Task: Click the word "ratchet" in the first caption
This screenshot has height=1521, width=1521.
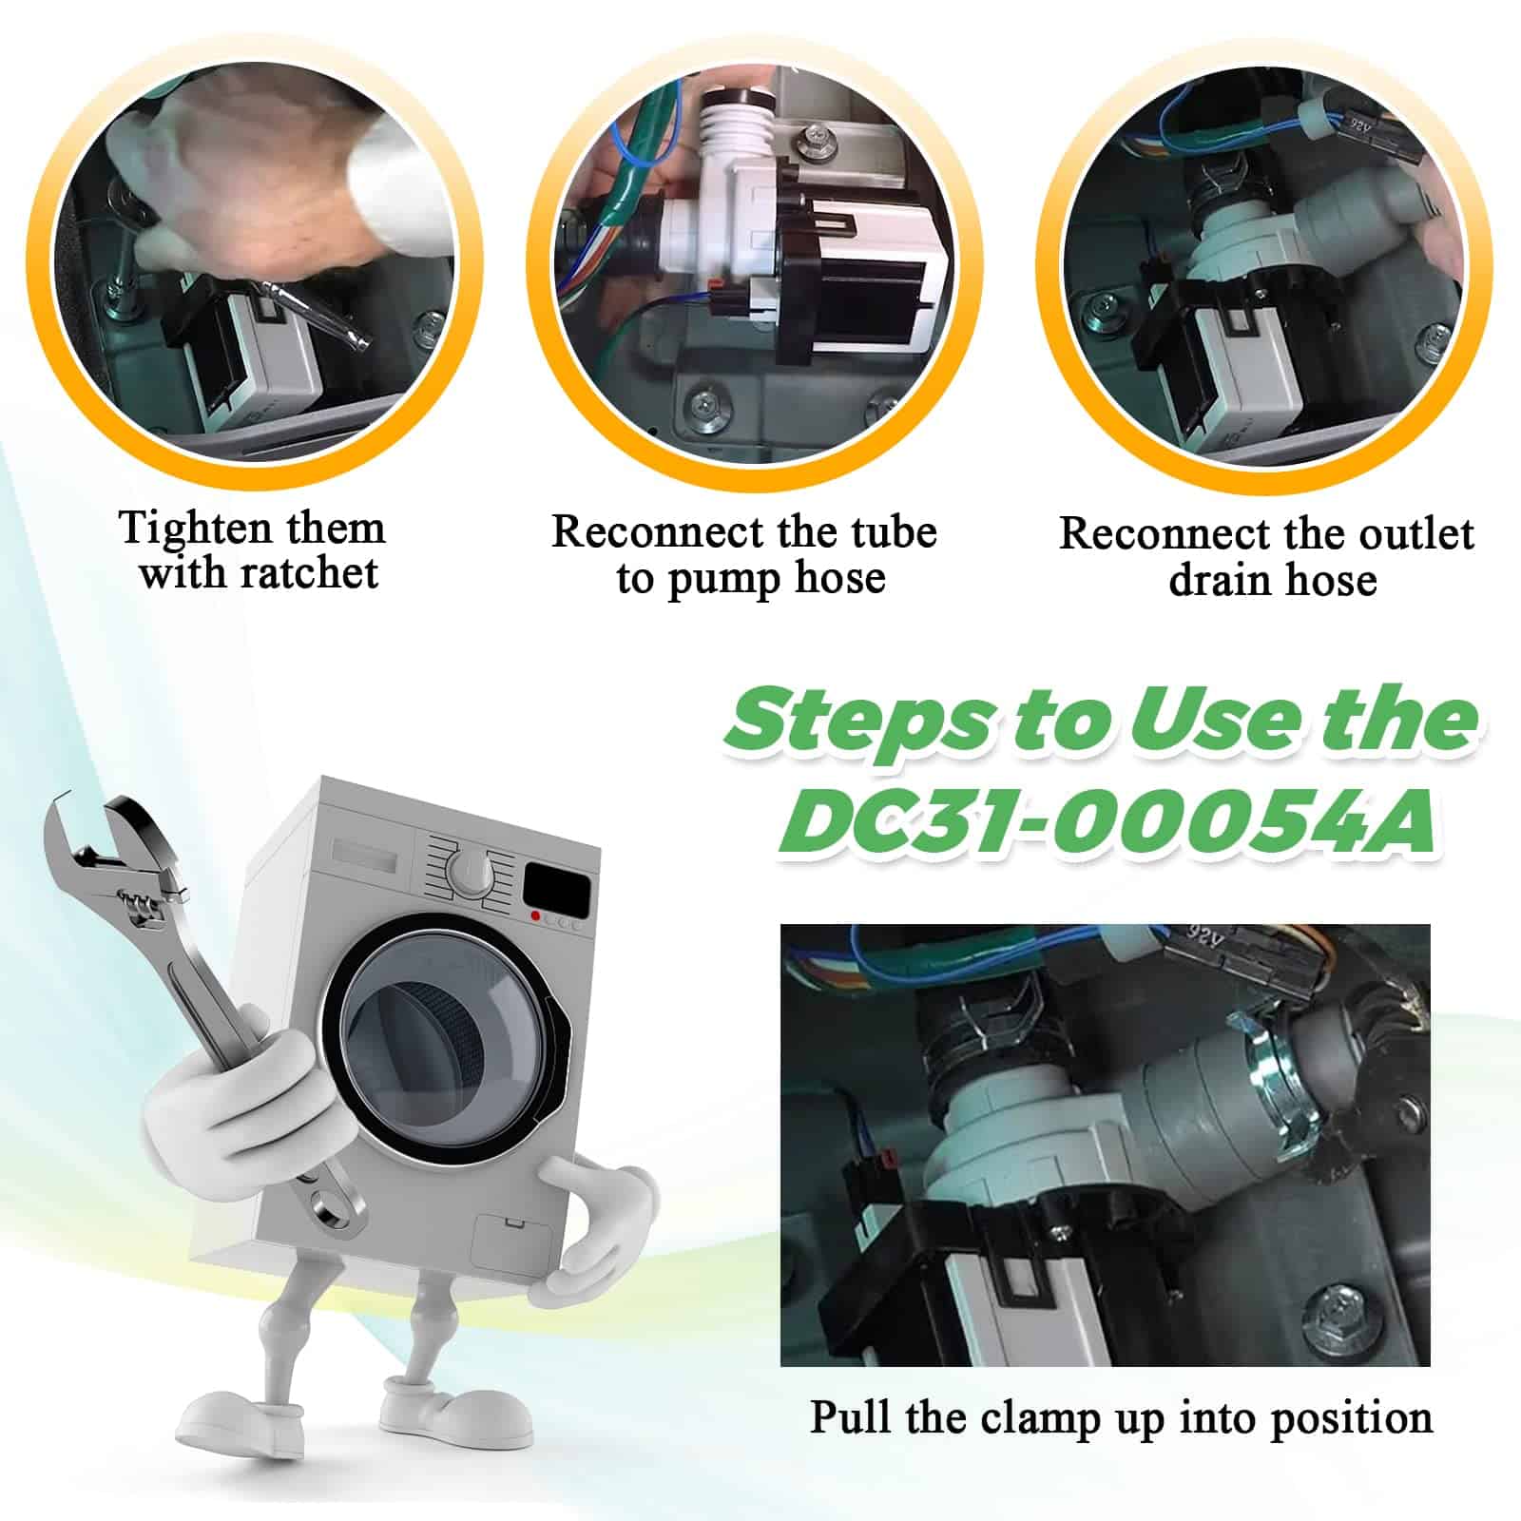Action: (x=309, y=573)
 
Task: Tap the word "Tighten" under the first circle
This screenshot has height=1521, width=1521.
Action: (x=184, y=529)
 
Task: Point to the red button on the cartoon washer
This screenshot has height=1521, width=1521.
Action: (x=536, y=916)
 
